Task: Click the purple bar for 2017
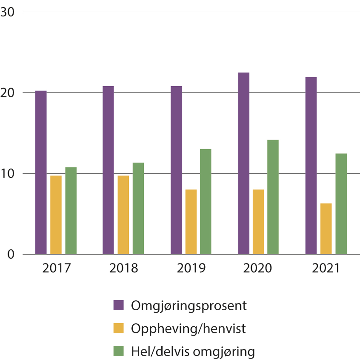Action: (x=41, y=172)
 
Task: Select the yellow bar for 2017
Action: (x=56, y=215)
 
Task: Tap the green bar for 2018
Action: (x=138, y=208)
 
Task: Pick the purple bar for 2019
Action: (x=176, y=170)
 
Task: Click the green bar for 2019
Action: (x=205, y=201)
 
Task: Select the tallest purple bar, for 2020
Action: (x=244, y=163)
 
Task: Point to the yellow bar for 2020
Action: (x=258, y=222)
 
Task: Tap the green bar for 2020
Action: (x=273, y=197)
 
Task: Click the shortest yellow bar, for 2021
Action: (x=326, y=229)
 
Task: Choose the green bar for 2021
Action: (x=341, y=204)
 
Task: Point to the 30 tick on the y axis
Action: (x=7, y=12)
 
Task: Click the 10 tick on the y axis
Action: (x=7, y=174)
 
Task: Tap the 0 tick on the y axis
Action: (x=11, y=255)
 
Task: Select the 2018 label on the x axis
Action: (x=124, y=268)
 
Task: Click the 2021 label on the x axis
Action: (x=326, y=268)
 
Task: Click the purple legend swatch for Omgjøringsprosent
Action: (x=118, y=305)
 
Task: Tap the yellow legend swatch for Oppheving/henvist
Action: (x=118, y=328)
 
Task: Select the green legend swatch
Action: (x=118, y=351)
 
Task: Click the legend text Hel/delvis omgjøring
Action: (x=193, y=351)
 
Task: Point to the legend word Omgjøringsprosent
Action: (x=189, y=306)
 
